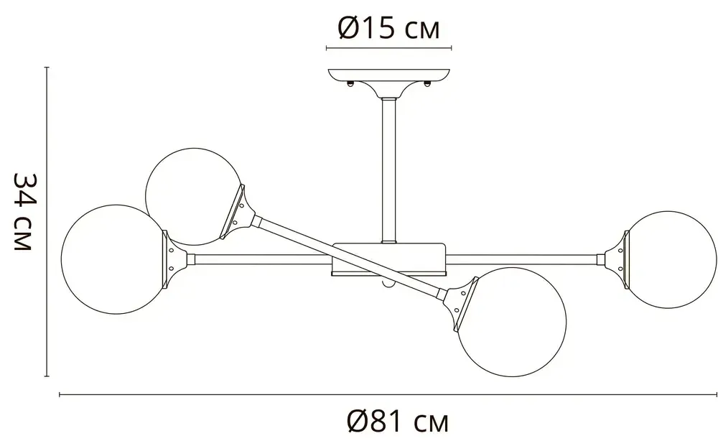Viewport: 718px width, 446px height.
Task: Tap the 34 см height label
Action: [24, 212]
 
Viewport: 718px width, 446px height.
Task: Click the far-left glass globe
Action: [112, 259]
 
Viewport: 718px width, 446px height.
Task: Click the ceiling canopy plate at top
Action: [388, 74]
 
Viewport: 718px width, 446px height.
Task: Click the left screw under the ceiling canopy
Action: [350, 84]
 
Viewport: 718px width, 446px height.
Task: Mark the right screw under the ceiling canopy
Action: [428, 84]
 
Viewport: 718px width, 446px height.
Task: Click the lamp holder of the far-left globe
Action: [174, 258]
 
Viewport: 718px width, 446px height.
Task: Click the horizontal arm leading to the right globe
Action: [524, 256]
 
